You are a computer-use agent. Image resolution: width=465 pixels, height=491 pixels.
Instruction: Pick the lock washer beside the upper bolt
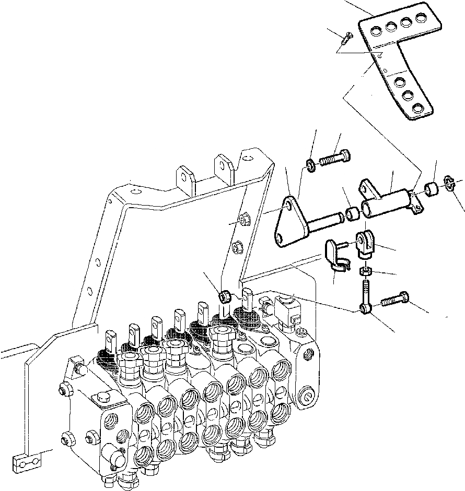click(x=310, y=166)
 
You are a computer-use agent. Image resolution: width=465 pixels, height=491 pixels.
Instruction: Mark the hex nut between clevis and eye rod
click(x=365, y=272)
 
